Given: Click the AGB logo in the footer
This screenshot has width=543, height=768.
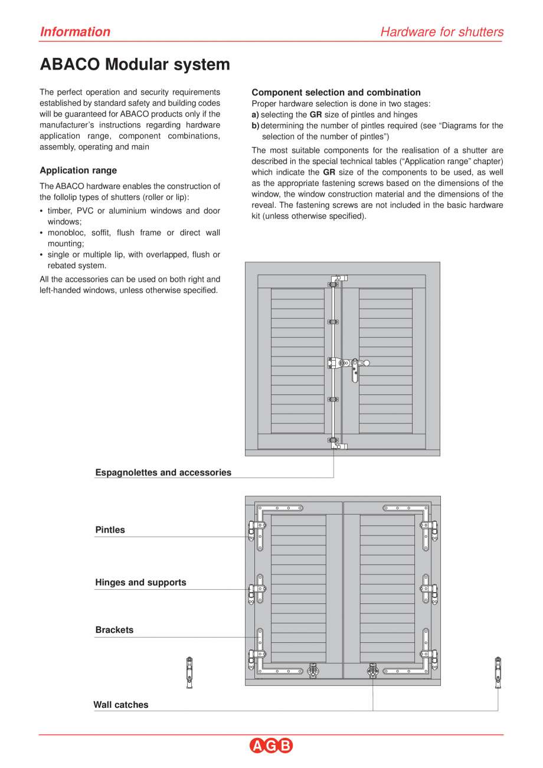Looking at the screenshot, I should [x=271, y=746].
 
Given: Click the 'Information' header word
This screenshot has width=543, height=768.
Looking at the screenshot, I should [x=75, y=32].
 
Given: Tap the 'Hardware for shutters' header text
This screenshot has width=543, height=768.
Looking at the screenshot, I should [x=441, y=32].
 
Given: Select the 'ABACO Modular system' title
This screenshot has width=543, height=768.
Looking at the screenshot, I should [x=135, y=64].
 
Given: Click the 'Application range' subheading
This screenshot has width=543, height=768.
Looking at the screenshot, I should [x=78, y=171].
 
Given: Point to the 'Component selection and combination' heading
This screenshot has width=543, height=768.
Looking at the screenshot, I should [x=336, y=93].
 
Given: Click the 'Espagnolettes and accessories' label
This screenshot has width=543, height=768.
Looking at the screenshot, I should [x=163, y=472].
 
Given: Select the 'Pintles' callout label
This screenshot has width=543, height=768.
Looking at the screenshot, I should [x=110, y=530].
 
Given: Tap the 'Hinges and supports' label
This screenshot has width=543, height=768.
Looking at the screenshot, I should [x=140, y=583].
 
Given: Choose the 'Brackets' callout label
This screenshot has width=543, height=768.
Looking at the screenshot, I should [x=114, y=630].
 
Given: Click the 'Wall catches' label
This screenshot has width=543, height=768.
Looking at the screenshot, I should [x=120, y=705].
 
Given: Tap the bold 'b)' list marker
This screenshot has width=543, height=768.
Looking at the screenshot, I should [x=256, y=126].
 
